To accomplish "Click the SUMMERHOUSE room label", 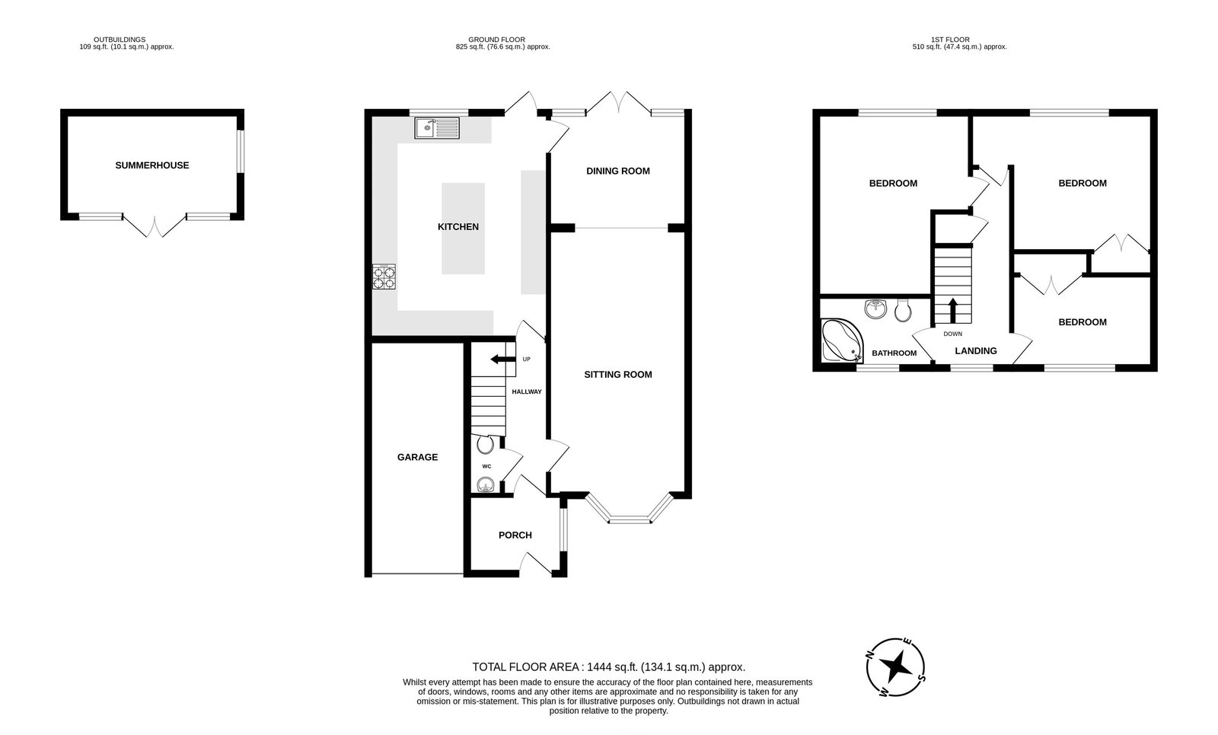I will tap(152, 165).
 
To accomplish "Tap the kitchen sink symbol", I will tap(437, 128).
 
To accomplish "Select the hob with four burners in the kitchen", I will tap(384, 276).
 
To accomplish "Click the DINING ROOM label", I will tap(618, 171).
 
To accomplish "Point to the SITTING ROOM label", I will tap(618, 375).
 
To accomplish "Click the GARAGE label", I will tap(417, 458).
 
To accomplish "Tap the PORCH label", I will tap(515, 535).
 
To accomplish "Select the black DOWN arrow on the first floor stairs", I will tap(952, 310).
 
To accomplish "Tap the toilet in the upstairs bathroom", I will tap(904, 310).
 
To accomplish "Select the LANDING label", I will tap(976, 351).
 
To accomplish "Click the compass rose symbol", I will tap(896, 666).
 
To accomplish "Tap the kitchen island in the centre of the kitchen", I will tap(463, 228).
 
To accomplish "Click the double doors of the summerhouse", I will tap(155, 226).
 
